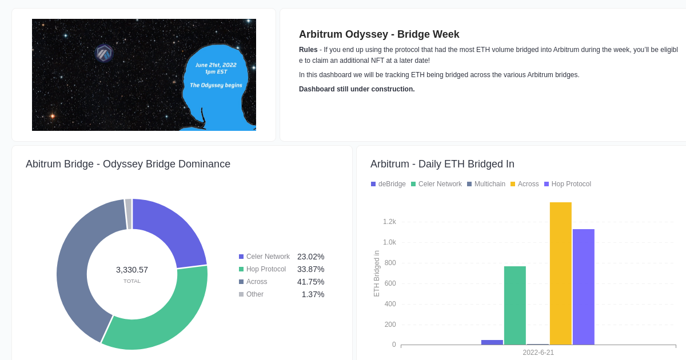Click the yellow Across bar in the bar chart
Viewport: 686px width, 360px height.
coord(560,274)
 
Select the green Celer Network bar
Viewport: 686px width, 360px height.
coord(514,306)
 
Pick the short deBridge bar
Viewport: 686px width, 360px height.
coord(492,342)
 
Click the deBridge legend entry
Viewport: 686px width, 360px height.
coord(388,184)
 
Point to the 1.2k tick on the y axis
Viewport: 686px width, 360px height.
coord(389,222)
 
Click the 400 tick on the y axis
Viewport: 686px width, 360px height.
coord(390,304)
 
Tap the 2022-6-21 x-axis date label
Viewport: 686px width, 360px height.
coord(538,353)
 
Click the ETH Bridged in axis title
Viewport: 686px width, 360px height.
coord(377,273)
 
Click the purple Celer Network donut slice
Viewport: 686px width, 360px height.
coord(171,229)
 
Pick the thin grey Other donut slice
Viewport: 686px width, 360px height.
coord(129,214)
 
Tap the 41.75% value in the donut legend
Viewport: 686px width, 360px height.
coord(310,282)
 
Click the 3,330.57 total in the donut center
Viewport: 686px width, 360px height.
coord(132,270)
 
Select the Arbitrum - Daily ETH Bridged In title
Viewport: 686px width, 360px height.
coord(442,164)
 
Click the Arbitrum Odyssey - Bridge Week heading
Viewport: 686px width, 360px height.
coord(379,34)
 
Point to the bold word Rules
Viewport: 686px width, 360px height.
coord(308,50)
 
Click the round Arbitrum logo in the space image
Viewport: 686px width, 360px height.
coord(103,54)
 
